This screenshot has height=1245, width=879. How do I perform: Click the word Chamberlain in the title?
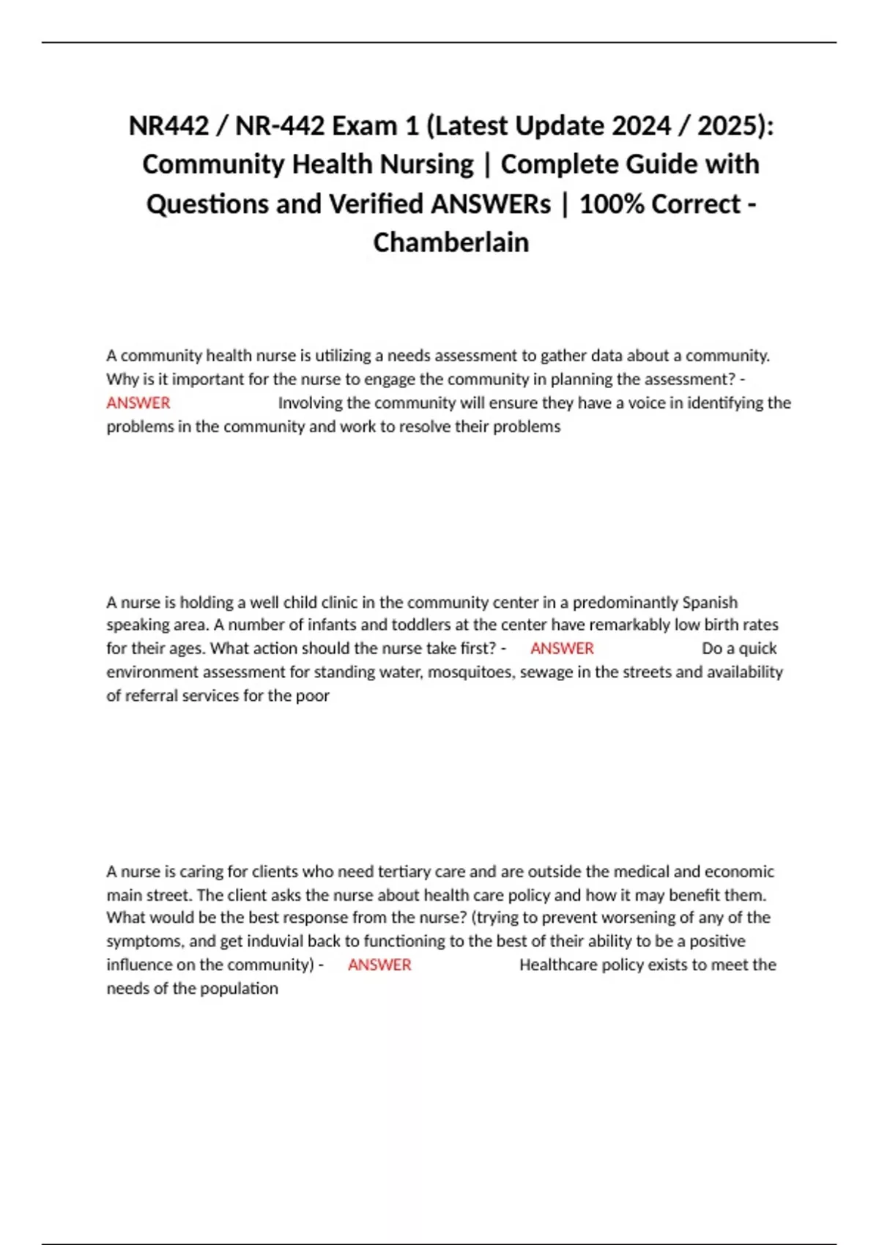[x=450, y=242]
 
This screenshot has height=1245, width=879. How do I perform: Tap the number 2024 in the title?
[x=641, y=126]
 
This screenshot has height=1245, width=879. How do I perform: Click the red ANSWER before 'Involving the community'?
[x=138, y=403]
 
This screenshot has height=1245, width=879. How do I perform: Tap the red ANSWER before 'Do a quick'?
[x=562, y=648]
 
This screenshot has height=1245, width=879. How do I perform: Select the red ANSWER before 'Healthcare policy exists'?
[x=379, y=965]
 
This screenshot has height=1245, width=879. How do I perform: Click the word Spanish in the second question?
[x=709, y=602]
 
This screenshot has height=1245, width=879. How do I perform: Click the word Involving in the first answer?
[x=310, y=403]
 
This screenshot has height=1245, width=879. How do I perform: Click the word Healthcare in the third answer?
[x=557, y=965]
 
